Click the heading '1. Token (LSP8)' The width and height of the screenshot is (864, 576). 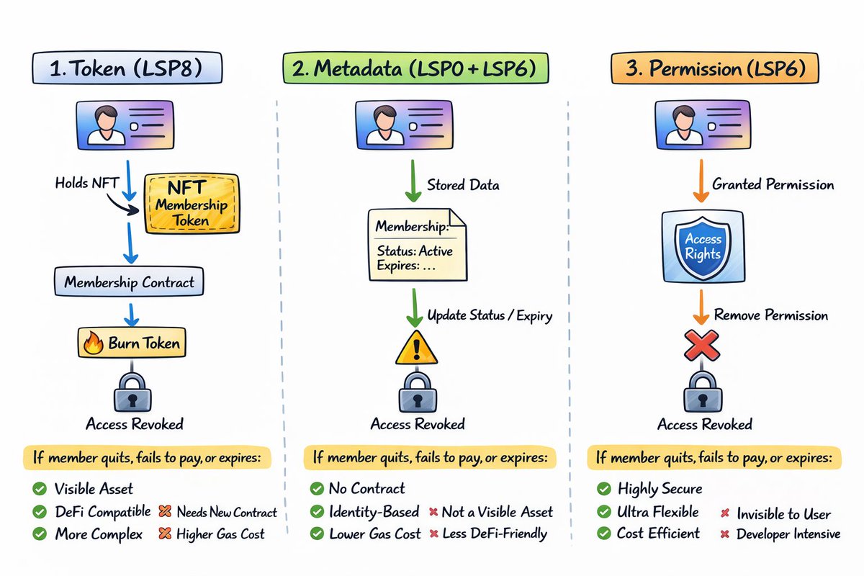[127, 68]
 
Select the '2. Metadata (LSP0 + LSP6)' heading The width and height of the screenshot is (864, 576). [415, 68]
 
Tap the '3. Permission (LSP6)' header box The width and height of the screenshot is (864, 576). [715, 68]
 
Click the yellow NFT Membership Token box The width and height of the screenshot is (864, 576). [192, 204]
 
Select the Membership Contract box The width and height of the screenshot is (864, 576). [129, 282]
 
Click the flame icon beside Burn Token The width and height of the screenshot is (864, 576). [94, 343]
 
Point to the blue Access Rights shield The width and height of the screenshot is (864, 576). [703, 247]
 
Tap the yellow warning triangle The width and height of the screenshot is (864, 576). [417, 348]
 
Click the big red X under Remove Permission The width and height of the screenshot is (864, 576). [701, 346]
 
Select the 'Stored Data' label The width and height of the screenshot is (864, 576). [463, 185]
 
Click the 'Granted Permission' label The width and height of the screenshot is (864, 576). [773, 184]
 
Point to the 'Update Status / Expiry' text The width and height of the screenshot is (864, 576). [490, 315]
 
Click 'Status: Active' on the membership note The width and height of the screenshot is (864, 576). [415, 251]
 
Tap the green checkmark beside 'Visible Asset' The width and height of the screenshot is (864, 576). [40, 489]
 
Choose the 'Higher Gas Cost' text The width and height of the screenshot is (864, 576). [220, 534]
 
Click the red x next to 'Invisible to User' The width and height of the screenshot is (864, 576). [725, 513]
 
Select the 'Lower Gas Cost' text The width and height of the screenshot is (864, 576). [375, 534]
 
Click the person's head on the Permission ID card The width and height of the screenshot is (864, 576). [683, 117]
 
